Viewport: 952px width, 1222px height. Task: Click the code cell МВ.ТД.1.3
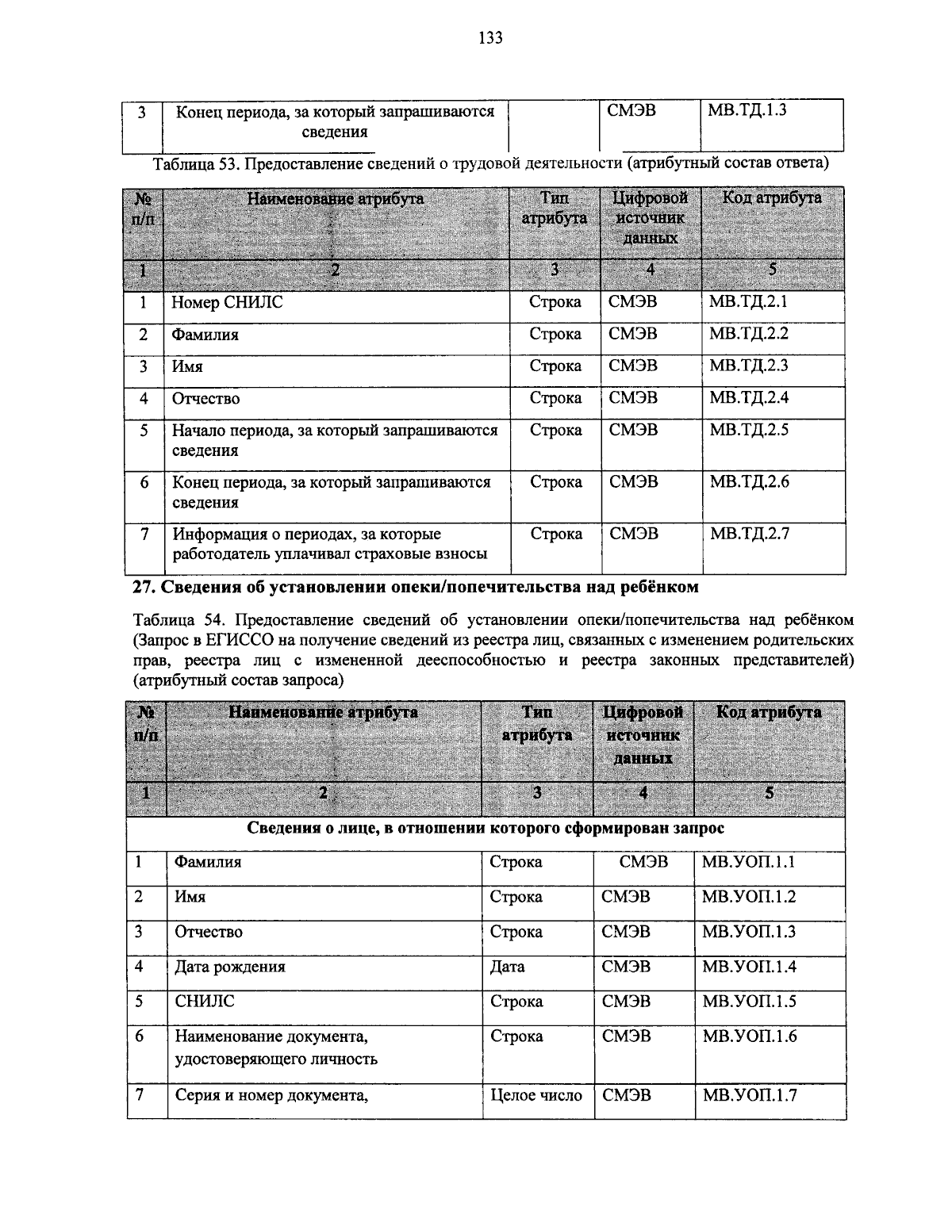[747, 111]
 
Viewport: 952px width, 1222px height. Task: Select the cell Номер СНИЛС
[227, 303]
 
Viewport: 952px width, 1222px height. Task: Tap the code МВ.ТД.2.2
[749, 335]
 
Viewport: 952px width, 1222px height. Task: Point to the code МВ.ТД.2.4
[749, 398]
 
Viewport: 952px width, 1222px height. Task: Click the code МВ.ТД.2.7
[749, 534]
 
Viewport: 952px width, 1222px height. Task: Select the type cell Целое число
[536, 1095]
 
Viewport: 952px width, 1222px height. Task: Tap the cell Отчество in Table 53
[205, 398]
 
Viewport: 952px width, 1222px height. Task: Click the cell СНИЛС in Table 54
[205, 1002]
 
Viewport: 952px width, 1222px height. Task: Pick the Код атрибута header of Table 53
[771, 198]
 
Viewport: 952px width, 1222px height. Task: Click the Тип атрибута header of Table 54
[537, 723]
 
